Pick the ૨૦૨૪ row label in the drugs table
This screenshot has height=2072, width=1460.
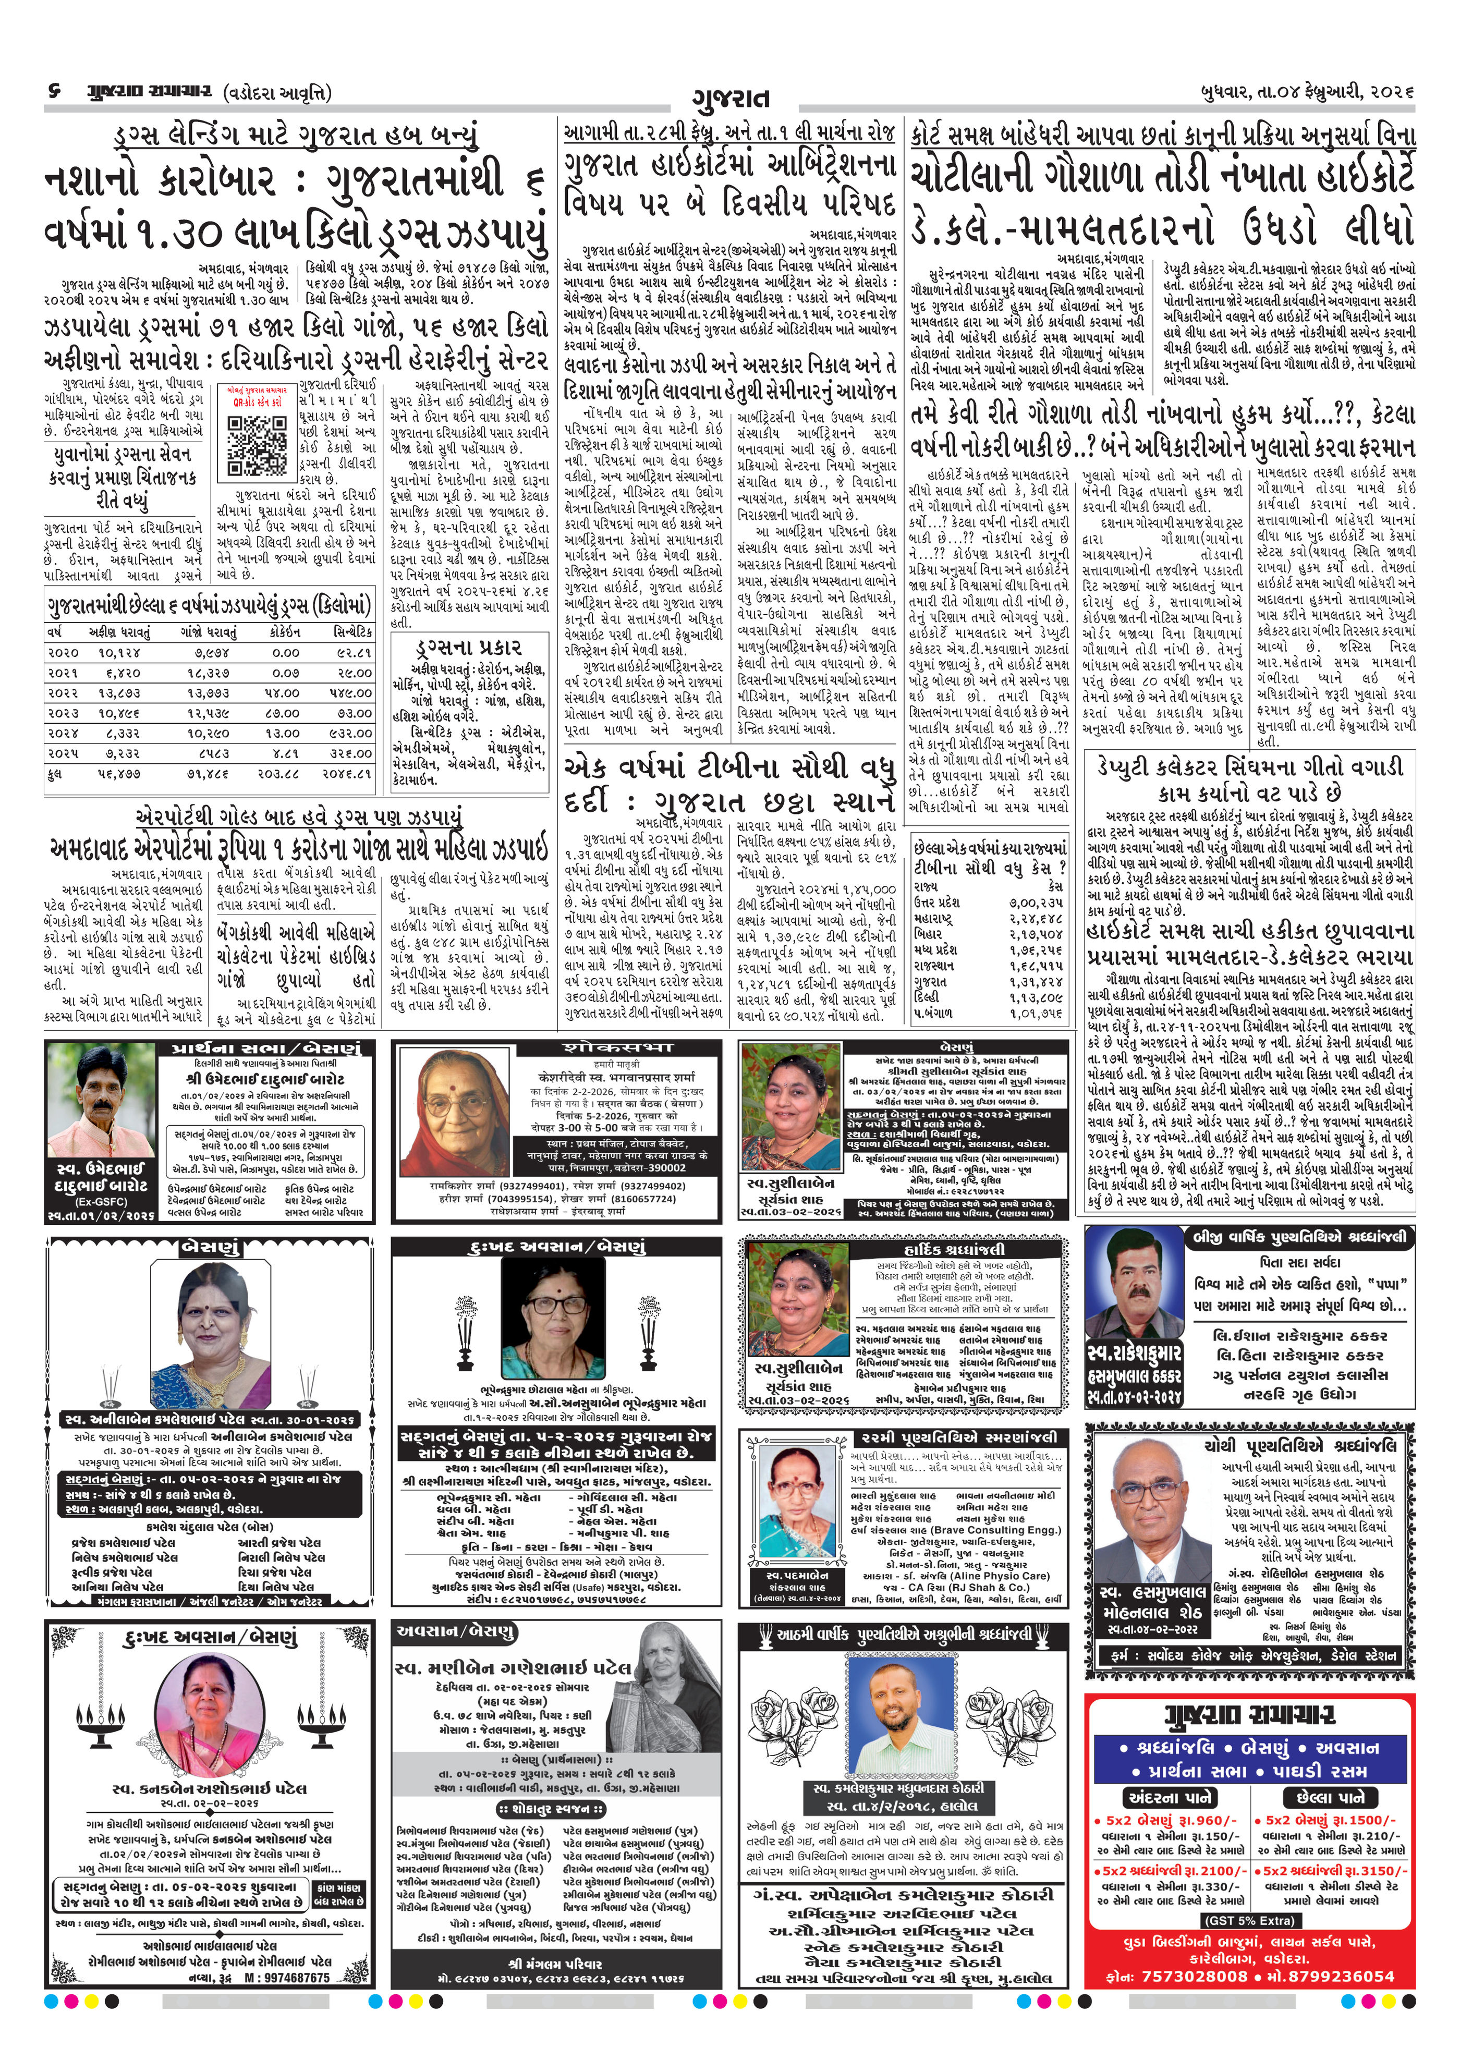pyautogui.click(x=63, y=734)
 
